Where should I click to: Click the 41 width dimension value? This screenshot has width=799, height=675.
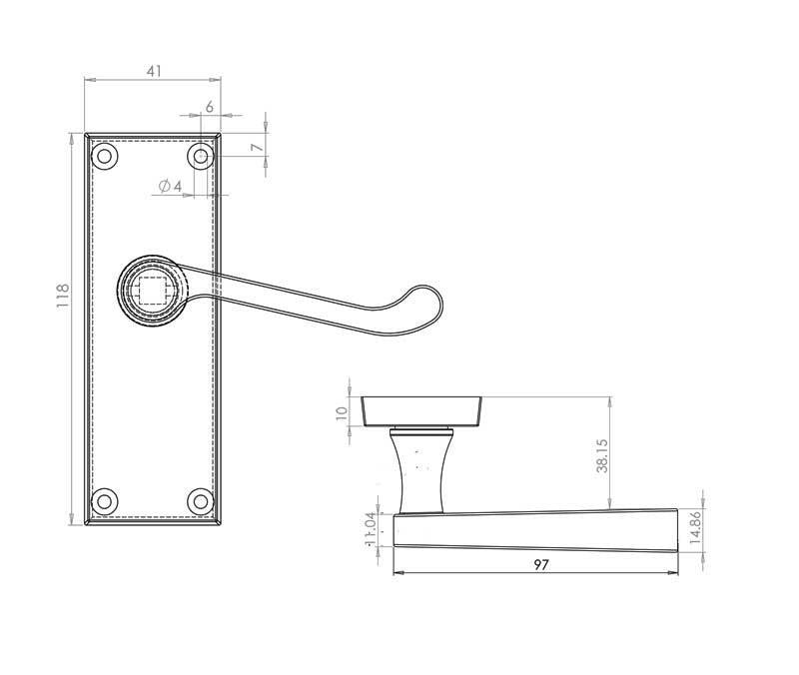[153, 71]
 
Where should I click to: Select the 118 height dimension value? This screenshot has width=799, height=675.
[63, 296]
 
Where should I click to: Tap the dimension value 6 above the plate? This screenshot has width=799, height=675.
[209, 107]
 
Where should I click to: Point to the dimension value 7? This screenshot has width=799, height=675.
[257, 147]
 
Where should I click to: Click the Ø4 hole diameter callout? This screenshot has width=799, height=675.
[170, 187]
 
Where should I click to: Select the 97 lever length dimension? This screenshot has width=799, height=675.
[540, 564]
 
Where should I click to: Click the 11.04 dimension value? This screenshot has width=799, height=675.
[371, 529]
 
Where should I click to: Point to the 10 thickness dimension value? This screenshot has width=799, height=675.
[342, 411]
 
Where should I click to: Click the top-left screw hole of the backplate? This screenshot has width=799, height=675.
[104, 156]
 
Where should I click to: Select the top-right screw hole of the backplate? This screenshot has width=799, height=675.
[201, 156]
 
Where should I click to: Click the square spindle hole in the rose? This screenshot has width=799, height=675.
[152, 291]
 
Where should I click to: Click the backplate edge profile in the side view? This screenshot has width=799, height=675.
[419, 410]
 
